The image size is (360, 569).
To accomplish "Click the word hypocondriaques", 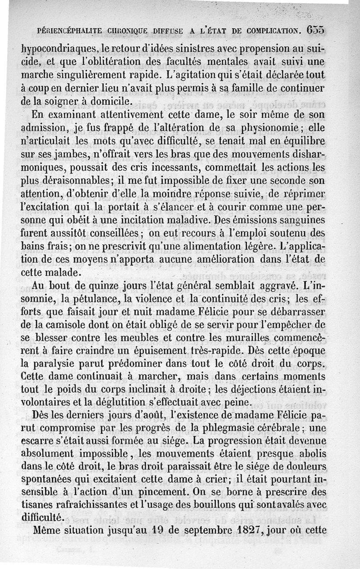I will click(57, 49).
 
